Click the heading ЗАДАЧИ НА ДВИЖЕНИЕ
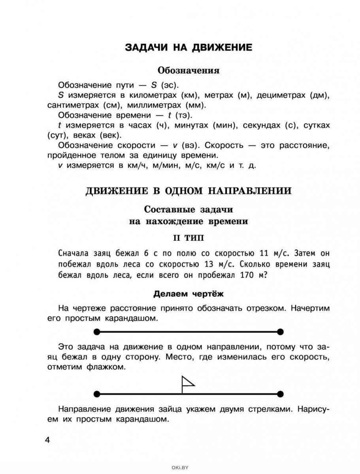coord(188,48)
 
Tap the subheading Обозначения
coord(188,71)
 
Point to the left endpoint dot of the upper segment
coord(96,331)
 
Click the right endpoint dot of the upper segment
coord(280,331)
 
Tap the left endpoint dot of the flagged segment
coord(96,393)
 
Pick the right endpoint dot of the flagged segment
coord(280,393)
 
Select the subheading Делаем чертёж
coord(188,294)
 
